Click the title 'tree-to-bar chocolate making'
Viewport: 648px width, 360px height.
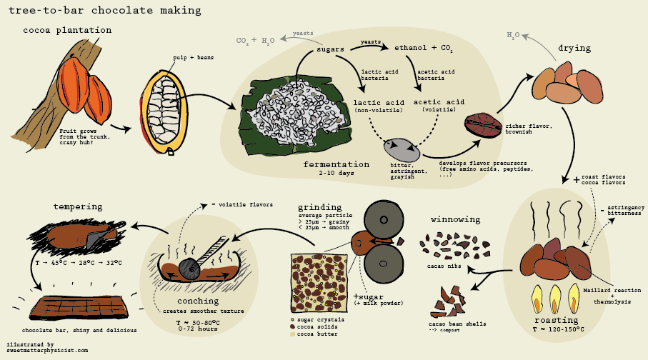point(104,11)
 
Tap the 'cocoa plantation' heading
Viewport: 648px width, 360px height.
point(67,31)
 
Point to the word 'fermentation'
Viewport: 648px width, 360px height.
point(336,164)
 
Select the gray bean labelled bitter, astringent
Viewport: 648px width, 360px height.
point(402,150)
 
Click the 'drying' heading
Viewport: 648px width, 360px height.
point(574,49)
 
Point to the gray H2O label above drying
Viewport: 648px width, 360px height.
point(513,34)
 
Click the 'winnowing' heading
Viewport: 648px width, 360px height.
point(456,219)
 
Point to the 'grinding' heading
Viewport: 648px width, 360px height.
point(321,209)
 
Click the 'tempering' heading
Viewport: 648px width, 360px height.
point(78,207)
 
